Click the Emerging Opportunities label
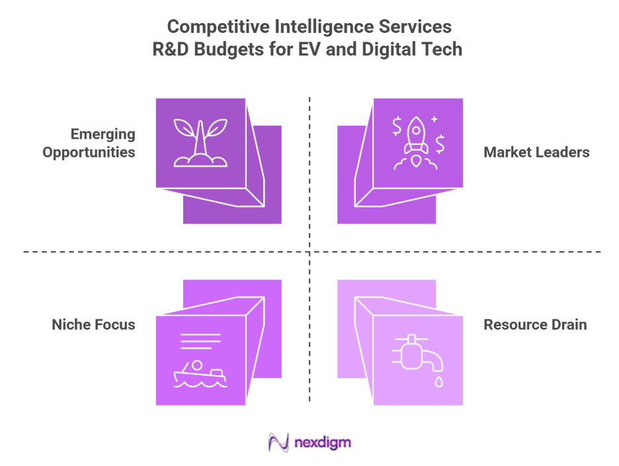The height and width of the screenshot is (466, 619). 89,143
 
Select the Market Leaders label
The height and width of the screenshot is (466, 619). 536,152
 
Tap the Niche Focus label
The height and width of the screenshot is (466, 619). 93,325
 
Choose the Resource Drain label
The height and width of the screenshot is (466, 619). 535,325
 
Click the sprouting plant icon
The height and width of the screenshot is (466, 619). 200,141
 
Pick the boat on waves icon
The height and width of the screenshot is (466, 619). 199,374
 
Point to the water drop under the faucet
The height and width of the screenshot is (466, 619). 438,382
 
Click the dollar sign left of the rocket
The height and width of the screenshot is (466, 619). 397,125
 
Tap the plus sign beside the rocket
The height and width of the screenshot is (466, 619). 434,120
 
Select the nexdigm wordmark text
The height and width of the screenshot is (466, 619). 323,442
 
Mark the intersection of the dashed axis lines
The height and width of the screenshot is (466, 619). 309,251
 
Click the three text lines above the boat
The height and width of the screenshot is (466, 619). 200,342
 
